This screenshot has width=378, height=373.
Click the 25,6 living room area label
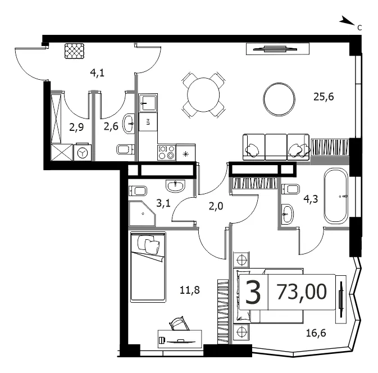[324, 97]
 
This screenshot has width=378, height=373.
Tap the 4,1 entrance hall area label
[97, 72]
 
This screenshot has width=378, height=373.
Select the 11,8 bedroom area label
[190, 290]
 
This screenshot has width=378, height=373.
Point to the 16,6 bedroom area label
[316, 333]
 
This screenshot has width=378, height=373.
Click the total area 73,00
[302, 292]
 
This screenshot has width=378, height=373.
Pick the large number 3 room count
[253, 292]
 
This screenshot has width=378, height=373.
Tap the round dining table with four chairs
[204, 95]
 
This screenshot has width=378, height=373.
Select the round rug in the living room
[279, 99]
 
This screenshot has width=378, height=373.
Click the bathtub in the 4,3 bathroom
[336, 196]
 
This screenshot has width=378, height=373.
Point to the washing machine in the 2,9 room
[83, 152]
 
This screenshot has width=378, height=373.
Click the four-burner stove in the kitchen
[167, 152]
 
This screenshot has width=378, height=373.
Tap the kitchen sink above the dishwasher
[148, 103]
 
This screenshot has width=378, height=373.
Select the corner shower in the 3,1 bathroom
[142, 213]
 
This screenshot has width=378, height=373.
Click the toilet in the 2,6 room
[125, 149]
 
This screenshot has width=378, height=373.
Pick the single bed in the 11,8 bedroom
[148, 267]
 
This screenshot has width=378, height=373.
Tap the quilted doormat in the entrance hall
[75, 51]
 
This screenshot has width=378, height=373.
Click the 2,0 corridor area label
[216, 206]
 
